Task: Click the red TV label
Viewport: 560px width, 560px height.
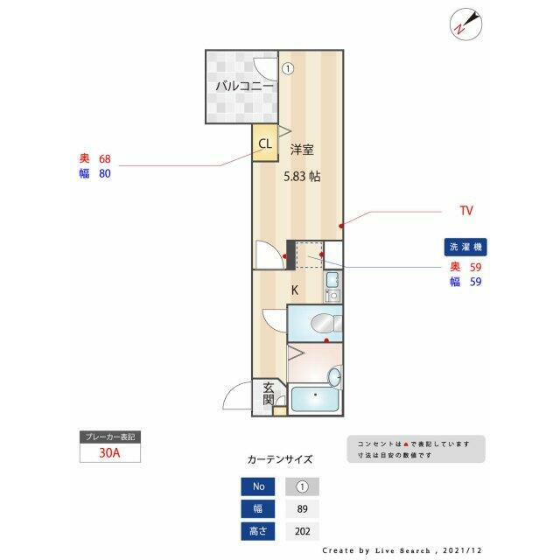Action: (x=466, y=211)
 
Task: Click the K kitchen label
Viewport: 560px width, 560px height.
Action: (x=295, y=290)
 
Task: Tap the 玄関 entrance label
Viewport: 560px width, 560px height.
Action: (x=269, y=395)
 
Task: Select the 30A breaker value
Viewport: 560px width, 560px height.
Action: (x=109, y=454)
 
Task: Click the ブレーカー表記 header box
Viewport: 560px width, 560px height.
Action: (x=109, y=437)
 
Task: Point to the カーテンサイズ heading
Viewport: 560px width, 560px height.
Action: (x=280, y=458)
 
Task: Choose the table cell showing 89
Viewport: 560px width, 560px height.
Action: (x=302, y=509)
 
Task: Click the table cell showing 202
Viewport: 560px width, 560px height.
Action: (x=302, y=531)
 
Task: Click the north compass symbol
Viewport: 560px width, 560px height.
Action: (x=464, y=24)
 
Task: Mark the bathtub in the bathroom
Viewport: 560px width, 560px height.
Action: (x=313, y=400)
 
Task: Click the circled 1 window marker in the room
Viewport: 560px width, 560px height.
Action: (x=288, y=66)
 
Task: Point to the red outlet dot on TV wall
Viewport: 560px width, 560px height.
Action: (x=341, y=225)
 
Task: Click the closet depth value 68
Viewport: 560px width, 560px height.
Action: (x=105, y=159)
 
